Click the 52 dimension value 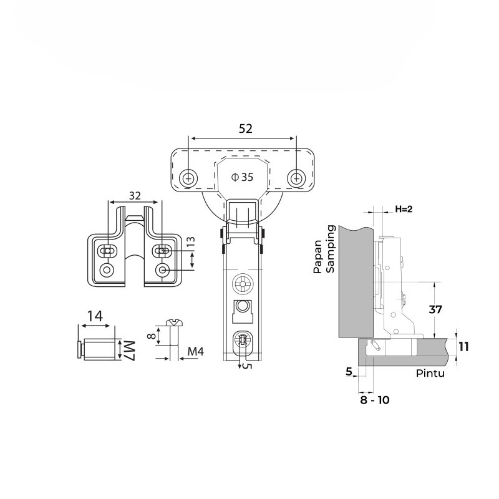click(245, 128)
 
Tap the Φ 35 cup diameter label click(243, 177)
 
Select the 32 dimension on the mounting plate click(135, 196)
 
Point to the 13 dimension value click(190, 243)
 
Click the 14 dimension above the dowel click(95, 316)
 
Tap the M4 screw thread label click(195, 351)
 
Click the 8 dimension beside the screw click(152, 336)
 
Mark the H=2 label click(404, 209)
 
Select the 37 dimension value click(435, 309)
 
